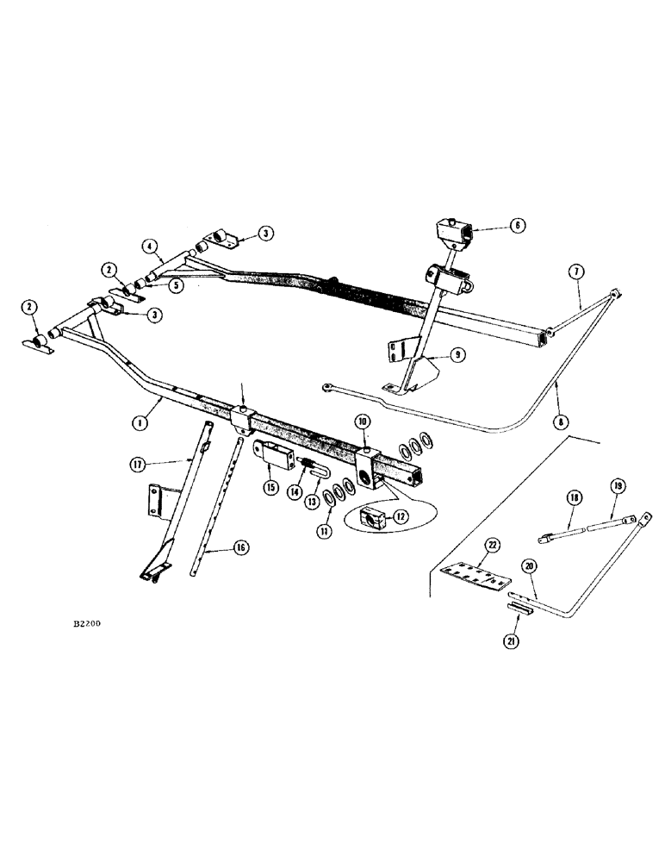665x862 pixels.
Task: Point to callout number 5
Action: coord(175,284)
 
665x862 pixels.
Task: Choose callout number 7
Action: coord(576,274)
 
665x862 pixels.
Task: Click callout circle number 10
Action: coord(363,421)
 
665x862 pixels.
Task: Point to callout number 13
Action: coord(306,502)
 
